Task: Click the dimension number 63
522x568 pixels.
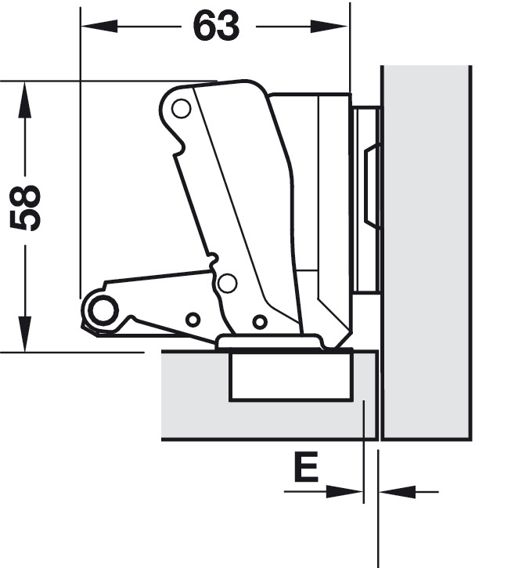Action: pyautogui.click(x=217, y=27)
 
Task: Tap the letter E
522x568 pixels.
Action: pyautogui.click(x=306, y=468)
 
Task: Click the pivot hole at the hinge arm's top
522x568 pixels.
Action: pyautogui.click(x=182, y=109)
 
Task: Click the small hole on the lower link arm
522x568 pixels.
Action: pyautogui.click(x=192, y=319)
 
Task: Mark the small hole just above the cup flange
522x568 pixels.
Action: pyautogui.click(x=259, y=321)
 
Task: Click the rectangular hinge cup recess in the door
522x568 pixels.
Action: pyautogui.click(x=290, y=377)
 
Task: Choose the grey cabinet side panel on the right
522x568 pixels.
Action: pyautogui.click(x=427, y=251)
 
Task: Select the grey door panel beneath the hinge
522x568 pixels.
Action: pyautogui.click(x=196, y=396)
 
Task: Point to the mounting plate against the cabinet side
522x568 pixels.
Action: pyautogui.click(x=365, y=200)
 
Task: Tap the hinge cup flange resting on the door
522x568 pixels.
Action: pyautogui.click(x=269, y=342)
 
